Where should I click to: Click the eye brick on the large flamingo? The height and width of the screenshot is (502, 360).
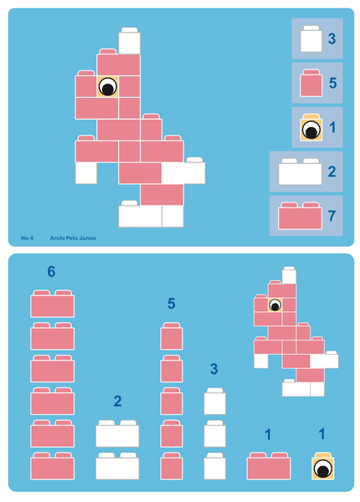point(107,86)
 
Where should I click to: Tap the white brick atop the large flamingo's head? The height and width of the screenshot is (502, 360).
point(129,41)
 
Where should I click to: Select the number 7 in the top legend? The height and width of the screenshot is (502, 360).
point(332,216)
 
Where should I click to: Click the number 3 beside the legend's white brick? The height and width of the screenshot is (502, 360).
point(332,39)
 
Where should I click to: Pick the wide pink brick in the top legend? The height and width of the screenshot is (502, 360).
point(300,217)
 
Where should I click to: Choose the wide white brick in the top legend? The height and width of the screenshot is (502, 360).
point(300,172)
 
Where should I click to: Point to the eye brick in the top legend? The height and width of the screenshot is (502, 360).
point(311,129)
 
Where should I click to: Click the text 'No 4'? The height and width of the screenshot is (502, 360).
point(27,238)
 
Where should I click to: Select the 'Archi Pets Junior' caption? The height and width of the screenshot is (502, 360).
point(73,238)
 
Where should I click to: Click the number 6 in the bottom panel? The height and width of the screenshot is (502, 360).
point(52,272)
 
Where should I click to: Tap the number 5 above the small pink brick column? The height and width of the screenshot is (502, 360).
point(172,304)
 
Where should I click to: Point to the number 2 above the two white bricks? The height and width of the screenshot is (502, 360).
point(117,402)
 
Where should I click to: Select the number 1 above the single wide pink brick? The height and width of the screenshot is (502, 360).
point(268,434)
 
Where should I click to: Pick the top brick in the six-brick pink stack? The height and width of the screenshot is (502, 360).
point(53,305)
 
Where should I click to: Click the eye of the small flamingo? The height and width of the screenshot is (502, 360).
point(274,305)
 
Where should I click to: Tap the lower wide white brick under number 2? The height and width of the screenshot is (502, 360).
point(117,466)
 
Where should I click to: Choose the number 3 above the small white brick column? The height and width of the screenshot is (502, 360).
point(214,369)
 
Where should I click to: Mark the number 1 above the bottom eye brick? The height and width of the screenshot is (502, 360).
point(321,434)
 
